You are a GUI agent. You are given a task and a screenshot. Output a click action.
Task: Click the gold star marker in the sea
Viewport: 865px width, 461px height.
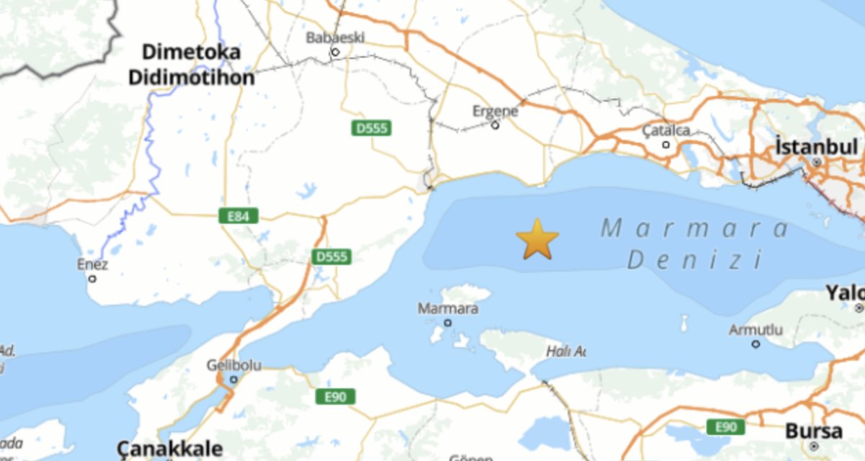(537, 240)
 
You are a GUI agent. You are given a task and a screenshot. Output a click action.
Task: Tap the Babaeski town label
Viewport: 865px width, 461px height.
(335, 37)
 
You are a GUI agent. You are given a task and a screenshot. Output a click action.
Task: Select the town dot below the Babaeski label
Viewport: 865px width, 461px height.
(334, 52)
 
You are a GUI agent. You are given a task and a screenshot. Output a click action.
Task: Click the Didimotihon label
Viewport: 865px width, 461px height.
(191, 78)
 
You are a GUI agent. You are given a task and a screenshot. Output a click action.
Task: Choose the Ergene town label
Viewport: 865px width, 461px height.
(495, 111)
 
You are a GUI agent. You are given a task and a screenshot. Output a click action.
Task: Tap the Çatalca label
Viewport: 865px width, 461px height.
(666, 130)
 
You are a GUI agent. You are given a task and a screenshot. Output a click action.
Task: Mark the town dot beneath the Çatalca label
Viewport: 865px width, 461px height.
(666, 145)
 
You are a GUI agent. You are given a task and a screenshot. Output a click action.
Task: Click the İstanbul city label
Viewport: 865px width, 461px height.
(817, 147)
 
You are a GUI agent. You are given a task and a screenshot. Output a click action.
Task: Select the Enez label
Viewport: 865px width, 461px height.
(92, 264)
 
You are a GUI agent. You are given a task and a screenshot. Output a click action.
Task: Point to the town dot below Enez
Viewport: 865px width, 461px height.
(92, 278)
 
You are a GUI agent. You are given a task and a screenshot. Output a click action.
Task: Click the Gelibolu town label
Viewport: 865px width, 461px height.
(233, 364)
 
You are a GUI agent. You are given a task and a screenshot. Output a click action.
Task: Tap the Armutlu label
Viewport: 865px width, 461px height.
(755, 330)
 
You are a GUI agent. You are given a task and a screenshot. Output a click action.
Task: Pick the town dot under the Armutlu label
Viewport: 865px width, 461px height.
(755, 344)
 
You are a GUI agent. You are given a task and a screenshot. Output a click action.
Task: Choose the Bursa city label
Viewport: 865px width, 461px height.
(813, 431)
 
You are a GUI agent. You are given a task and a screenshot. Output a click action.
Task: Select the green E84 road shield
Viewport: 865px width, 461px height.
(238, 215)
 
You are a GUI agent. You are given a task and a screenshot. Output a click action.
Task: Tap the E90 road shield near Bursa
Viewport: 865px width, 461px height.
(725, 427)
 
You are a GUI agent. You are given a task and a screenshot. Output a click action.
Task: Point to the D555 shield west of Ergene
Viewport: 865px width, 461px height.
(371, 128)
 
